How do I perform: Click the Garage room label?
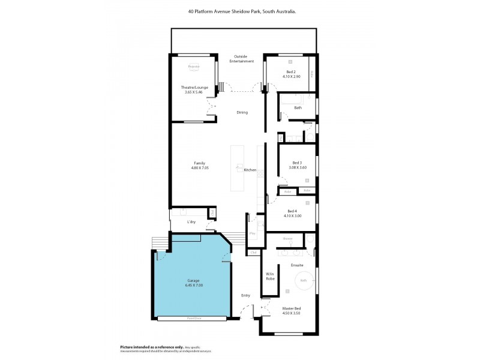[x=193, y=280]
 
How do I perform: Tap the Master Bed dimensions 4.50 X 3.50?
[x=291, y=314]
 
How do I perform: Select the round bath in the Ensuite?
[x=304, y=280]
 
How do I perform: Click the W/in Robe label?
[x=270, y=277]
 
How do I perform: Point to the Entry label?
[x=245, y=295]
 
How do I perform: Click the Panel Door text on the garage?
[x=193, y=319]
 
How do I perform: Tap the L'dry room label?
[x=191, y=222]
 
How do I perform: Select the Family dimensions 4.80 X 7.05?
[x=199, y=168]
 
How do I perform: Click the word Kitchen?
[x=250, y=170]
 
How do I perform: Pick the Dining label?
[x=242, y=112]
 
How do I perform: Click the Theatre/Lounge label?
[x=194, y=88]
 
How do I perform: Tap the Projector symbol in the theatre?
[x=193, y=67]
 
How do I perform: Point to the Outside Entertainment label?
[x=244, y=59]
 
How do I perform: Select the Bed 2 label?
[x=291, y=72]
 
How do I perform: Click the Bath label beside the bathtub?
[x=298, y=108]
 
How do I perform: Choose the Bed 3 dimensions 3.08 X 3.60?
[x=298, y=167]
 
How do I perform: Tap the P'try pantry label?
[x=253, y=233]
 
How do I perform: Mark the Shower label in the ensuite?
[x=288, y=239]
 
